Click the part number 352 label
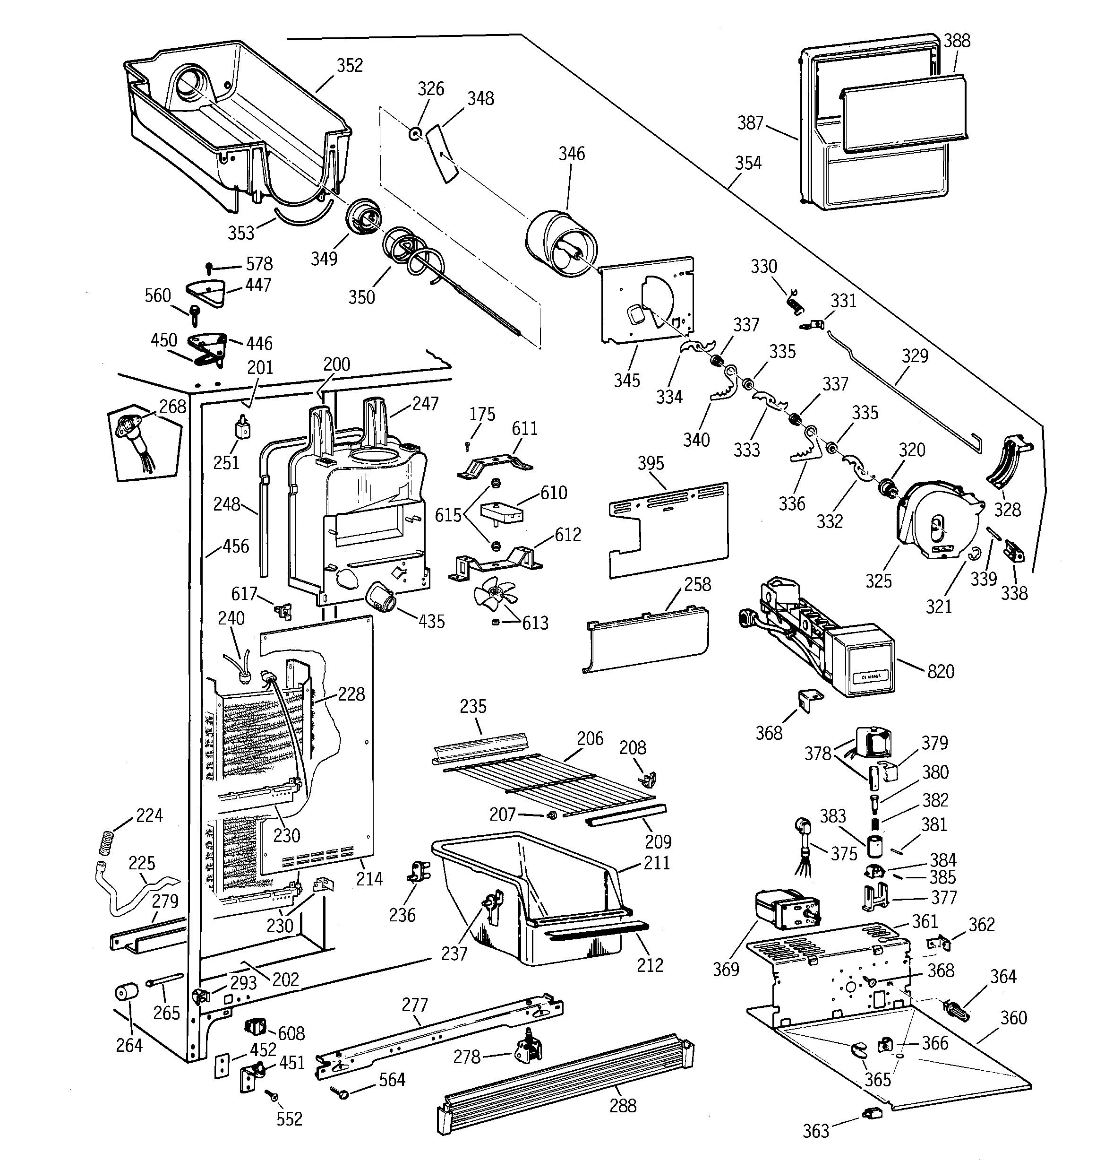(350, 65)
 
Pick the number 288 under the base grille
(623, 1106)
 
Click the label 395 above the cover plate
(651, 463)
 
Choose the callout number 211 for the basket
(657, 863)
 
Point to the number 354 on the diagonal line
(748, 163)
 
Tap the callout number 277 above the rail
(415, 1005)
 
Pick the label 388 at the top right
(957, 41)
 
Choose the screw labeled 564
(342, 1093)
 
